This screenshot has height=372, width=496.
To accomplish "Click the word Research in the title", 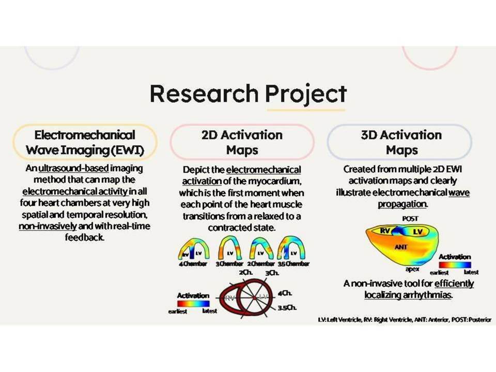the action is [x=204, y=93].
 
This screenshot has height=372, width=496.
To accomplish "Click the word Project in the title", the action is [x=305, y=94].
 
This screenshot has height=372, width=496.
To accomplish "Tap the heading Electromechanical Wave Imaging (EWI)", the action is [x=85, y=143].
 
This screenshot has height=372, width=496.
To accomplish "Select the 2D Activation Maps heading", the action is [x=242, y=143].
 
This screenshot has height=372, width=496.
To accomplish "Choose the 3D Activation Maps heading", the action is [x=401, y=143].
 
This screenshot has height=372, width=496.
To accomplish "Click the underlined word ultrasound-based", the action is [x=73, y=168].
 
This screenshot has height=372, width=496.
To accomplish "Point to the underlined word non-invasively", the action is [x=48, y=226].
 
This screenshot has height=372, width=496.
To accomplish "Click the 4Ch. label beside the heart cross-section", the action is [x=285, y=293].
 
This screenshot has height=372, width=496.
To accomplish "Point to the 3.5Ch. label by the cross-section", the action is [x=287, y=307].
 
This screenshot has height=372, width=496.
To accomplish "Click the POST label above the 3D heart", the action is [x=410, y=219].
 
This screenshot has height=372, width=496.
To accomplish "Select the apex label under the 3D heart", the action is [x=412, y=269].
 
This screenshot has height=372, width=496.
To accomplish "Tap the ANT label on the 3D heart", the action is [x=401, y=247].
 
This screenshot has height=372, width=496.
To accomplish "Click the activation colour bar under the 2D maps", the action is [x=193, y=304].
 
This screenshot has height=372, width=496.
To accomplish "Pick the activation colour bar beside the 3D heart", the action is [x=455, y=265].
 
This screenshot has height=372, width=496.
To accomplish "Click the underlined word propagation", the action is [x=402, y=205].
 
